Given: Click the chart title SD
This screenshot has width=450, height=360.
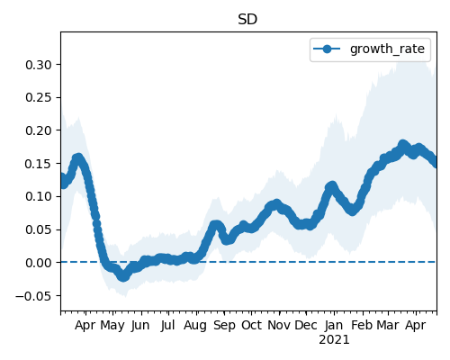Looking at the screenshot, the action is (247, 20).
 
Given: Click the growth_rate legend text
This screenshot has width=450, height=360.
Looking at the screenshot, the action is (387, 49).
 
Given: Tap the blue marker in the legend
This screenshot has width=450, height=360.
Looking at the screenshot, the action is (327, 49).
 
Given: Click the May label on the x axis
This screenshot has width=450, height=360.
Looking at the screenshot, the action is (112, 326).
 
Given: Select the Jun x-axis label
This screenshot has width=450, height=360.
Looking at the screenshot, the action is (140, 325).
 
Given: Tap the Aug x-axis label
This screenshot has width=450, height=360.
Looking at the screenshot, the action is (195, 326).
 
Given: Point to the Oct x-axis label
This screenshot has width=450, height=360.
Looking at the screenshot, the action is (251, 325).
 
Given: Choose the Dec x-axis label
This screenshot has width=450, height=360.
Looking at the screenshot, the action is (306, 325).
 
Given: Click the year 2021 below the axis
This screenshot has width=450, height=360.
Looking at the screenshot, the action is (334, 340).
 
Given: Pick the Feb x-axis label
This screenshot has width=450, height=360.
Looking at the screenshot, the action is (362, 325).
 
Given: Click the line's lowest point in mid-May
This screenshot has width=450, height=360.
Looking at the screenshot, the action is (123, 276).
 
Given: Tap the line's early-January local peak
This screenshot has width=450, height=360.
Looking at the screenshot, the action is (331, 186).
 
